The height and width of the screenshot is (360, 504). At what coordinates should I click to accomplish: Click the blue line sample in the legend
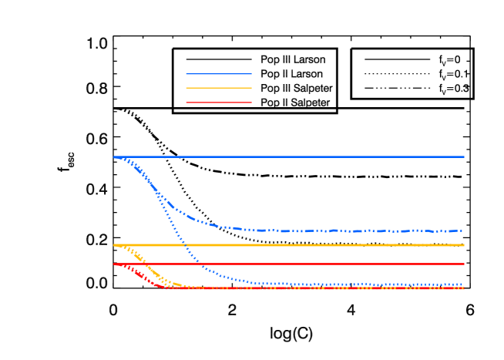[218, 74]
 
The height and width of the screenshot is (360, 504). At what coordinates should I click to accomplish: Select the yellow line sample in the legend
[218, 88]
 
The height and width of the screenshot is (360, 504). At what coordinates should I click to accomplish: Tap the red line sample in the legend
[218, 103]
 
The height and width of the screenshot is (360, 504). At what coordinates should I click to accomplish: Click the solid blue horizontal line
[308, 156]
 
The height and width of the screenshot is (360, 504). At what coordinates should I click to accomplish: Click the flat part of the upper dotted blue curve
[347, 230]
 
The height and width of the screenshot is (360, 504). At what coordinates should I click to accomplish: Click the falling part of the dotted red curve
[143, 277]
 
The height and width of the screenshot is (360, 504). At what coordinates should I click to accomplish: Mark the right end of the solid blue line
[464, 156]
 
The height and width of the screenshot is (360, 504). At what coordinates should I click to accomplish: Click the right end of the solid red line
[464, 264]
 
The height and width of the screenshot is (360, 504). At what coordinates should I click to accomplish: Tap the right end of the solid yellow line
[464, 245]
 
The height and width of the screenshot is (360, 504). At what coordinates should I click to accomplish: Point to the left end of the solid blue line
[114, 156]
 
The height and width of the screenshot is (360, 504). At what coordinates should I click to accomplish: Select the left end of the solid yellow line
[114, 245]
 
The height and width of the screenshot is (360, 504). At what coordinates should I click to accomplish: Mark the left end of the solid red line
[114, 264]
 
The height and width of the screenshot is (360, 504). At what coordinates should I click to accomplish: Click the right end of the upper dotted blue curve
[462, 230]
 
